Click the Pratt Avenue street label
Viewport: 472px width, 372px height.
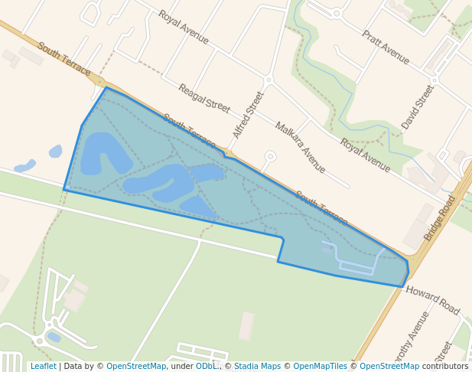point(386,47)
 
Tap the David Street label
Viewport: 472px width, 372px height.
point(417,107)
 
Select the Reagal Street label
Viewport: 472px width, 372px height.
point(203,98)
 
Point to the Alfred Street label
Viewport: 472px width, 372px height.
point(248,115)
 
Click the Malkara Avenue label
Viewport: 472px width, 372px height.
point(300,147)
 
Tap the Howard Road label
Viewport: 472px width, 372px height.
point(432,299)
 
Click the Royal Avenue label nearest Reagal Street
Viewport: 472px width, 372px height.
point(183,28)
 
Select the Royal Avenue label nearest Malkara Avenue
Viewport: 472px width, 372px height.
point(365,155)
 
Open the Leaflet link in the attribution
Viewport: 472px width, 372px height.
point(43,366)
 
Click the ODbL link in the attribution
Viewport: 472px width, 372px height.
point(207,366)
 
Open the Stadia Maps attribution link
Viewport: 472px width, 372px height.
point(257,366)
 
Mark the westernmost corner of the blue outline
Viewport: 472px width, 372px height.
point(64,189)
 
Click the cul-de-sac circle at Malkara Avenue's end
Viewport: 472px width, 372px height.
point(270,157)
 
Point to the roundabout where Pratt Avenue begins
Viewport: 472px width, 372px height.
point(337,13)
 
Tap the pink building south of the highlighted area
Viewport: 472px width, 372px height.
point(246,326)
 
